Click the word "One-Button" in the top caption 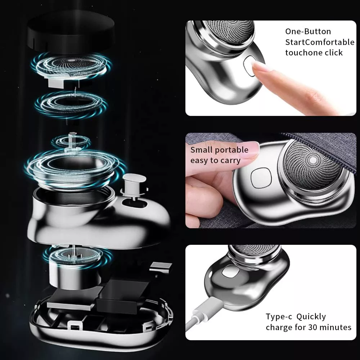(308, 31)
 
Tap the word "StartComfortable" (320, 42)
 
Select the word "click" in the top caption (333, 53)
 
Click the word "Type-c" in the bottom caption (279, 317)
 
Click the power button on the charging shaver (228, 271)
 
